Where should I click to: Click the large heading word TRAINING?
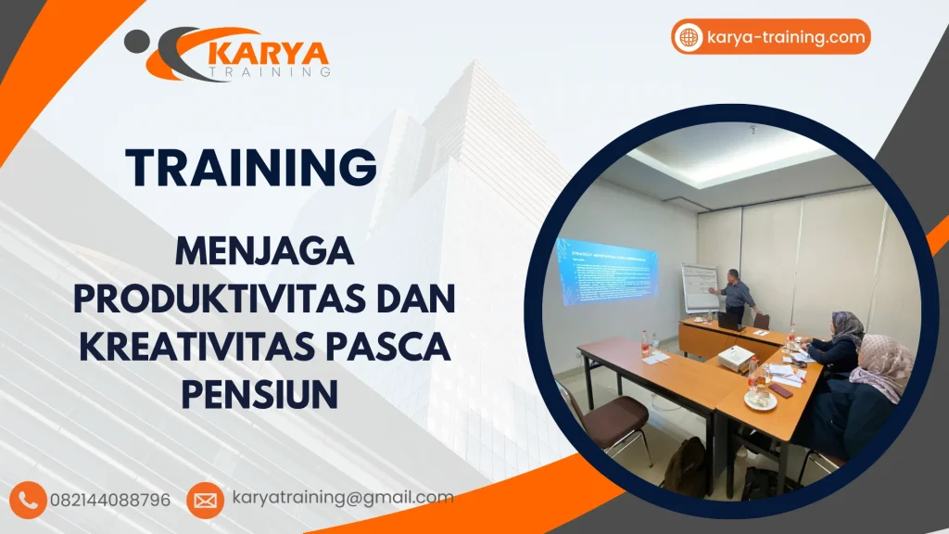(251, 167)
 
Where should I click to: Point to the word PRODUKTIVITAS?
(219, 299)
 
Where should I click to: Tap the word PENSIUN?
(259, 393)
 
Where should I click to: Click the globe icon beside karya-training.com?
(690, 38)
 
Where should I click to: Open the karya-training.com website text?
(785, 38)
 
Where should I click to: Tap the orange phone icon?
(31, 500)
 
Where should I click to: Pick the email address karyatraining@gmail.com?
(343, 498)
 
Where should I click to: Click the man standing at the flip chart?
(738, 293)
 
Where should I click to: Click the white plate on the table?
(759, 400)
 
